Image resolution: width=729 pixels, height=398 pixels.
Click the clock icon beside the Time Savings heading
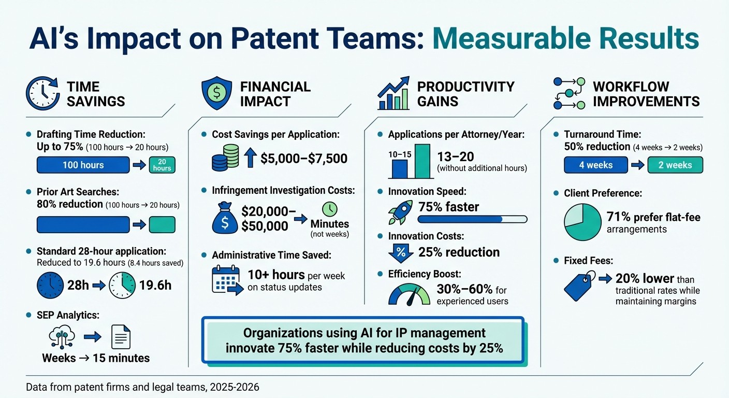pyautogui.click(x=42, y=94)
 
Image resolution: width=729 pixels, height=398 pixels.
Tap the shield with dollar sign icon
pyautogui.click(x=216, y=94)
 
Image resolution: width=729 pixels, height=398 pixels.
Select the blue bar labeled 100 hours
pyautogui.click(x=83, y=165)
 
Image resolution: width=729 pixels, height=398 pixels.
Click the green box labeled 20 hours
pyautogui.click(x=162, y=165)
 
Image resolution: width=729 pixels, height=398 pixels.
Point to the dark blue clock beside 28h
pyautogui.click(x=50, y=285)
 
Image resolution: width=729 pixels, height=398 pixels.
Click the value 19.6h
pyautogui.click(x=154, y=285)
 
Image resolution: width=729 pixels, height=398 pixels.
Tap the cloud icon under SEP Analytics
pyautogui.click(x=62, y=336)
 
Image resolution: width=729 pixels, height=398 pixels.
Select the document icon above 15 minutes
pyautogui.click(x=121, y=337)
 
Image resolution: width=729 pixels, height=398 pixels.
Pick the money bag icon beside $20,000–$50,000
pyautogui.click(x=224, y=218)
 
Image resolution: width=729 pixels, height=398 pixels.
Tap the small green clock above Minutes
pyautogui.click(x=329, y=209)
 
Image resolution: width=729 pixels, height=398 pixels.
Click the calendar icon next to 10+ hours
pyautogui.click(x=227, y=280)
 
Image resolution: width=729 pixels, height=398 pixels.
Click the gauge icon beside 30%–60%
pyautogui.click(x=409, y=295)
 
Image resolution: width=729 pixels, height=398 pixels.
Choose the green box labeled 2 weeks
pyautogui.click(x=675, y=165)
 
